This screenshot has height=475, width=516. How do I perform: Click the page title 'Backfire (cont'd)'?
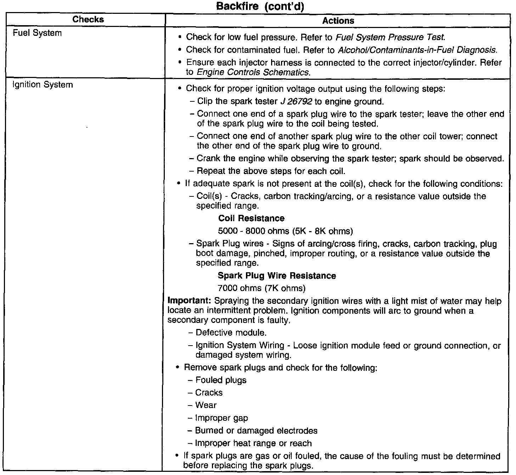(x=260, y=6)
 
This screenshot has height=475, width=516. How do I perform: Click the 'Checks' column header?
(x=88, y=19)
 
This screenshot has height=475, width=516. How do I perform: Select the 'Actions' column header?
(x=338, y=21)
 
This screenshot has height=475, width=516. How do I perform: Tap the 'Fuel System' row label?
(x=37, y=33)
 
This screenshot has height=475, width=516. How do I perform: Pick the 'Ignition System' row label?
(x=43, y=85)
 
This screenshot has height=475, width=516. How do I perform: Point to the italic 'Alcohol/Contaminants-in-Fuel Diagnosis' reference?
(x=417, y=50)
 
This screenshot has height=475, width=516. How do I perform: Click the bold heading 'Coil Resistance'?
(x=251, y=218)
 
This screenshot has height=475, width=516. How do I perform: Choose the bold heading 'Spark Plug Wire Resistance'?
(x=277, y=276)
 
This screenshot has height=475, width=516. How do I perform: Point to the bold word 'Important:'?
(x=189, y=301)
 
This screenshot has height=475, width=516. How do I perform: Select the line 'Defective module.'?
(x=231, y=333)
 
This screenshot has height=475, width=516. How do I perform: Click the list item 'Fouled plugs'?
(x=221, y=380)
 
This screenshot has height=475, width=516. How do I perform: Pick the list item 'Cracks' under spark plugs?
(x=209, y=393)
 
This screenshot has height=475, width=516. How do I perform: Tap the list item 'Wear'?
(x=206, y=405)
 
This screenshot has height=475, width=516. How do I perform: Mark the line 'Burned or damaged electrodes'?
(x=256, y=431)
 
